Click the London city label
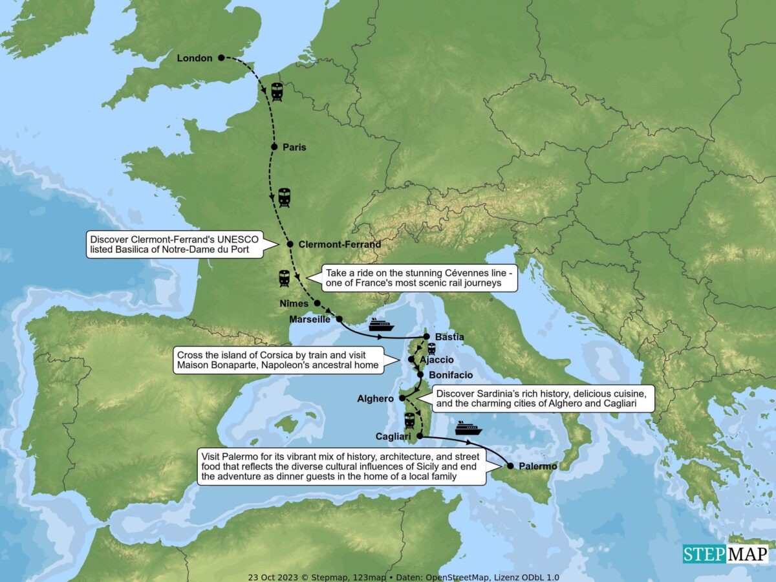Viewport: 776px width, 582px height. [195, 58]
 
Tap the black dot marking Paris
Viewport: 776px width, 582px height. [274, 147]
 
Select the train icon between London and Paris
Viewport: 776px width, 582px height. [277, 92]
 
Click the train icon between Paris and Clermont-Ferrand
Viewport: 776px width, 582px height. [285, 197]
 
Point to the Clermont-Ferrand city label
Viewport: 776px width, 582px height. [339, 244]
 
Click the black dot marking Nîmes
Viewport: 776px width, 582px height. [318, 303]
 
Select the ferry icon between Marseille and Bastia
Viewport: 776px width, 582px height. [382, 324]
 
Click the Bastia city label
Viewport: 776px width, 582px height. [449, 337]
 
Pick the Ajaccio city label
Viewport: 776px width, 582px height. [437, 360]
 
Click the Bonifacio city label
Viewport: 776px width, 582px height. [450, 375]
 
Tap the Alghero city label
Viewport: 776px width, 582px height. [375, 399]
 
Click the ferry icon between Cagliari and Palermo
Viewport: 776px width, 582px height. [469, 427]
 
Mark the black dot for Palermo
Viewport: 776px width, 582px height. [510, 466]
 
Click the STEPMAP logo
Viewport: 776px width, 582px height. [726, 554]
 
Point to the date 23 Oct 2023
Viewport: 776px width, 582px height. [270, 577]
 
